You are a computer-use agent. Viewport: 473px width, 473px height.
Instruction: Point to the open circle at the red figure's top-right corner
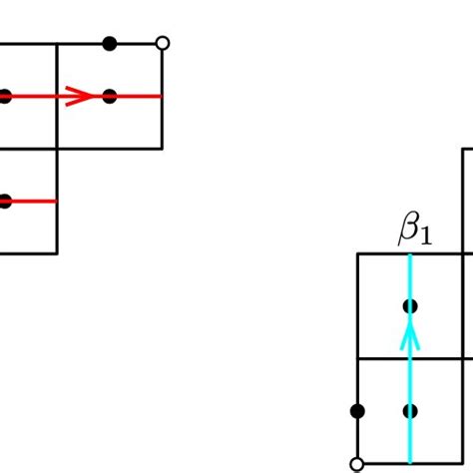163,43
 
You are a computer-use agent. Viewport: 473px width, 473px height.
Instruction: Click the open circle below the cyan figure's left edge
357,463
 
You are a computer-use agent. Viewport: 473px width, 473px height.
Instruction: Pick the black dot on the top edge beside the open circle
110,43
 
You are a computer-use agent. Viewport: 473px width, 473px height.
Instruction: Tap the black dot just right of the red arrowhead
110,97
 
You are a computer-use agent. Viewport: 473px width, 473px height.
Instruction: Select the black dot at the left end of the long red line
4,97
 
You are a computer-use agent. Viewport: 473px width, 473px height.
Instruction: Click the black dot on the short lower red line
4,201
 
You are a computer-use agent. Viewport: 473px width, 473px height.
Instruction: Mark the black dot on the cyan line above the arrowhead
409,305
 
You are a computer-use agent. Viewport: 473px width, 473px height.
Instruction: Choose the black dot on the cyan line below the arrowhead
409,410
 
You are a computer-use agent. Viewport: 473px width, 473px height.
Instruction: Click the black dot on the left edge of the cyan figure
357,410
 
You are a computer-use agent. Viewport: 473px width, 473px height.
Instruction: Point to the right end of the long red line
162,97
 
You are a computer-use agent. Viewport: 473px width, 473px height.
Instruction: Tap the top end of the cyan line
409,254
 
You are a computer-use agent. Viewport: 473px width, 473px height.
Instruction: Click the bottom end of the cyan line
409,462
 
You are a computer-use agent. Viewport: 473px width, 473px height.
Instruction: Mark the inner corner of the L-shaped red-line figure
57,149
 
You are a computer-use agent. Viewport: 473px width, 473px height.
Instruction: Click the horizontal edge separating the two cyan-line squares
383,357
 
